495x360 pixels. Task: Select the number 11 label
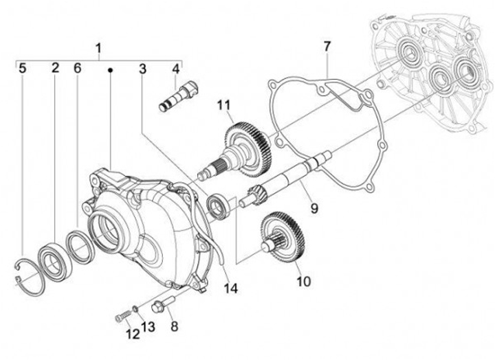coord(222,104)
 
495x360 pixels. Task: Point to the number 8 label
coord(175,327)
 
